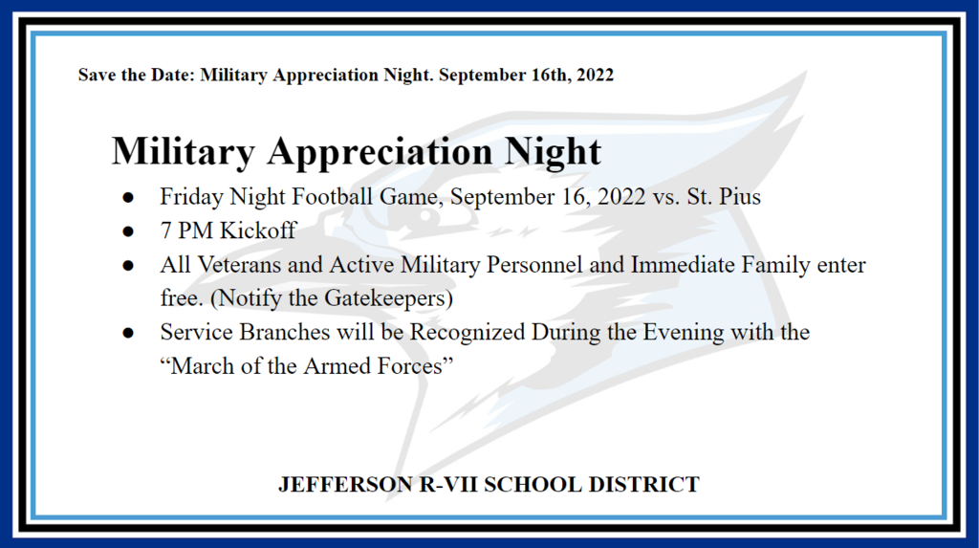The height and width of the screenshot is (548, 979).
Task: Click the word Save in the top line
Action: (x=97, y=75)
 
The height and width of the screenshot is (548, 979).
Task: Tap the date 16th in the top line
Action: (x=551, y=75)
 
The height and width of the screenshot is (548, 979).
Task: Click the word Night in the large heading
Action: (x=553, y=152)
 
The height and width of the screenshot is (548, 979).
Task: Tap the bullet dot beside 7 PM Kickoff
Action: (x=128, y=231)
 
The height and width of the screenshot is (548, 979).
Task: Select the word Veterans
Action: (x=239, y=265)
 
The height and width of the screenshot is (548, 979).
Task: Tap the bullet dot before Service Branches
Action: (x=128, y=333)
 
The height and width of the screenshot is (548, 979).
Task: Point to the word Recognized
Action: (x=468, y=333)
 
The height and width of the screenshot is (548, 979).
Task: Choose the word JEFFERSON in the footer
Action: (x=345, y=485)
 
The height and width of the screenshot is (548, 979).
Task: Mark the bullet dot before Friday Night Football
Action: (x=128, y=198)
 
